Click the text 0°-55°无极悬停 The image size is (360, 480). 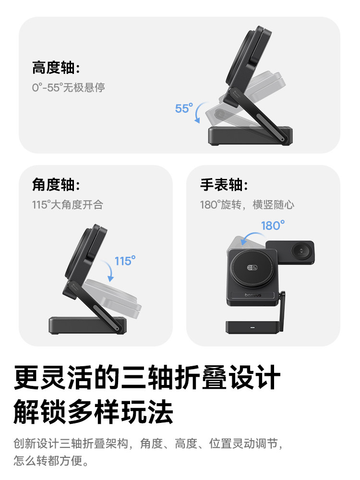(x=69, y=88)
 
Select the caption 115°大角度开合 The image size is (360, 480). (x=68, y=205)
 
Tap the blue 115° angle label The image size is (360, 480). (x=125, y=261)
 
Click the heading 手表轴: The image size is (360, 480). (x=224, y=184)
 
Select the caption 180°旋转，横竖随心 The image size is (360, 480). (x=247, y=205)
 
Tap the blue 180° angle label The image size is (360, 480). (x=273, y=225)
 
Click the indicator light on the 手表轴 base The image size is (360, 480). (x=253, y=327)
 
